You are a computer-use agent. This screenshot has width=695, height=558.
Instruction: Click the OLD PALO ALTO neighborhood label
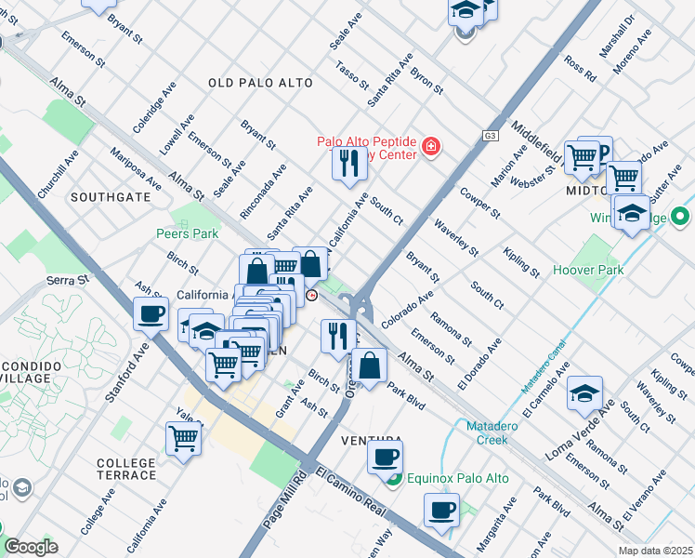[x=260, y=84]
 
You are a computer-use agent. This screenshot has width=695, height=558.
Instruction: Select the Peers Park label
[x=187, y=233]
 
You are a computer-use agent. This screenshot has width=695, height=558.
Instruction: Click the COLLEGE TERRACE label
[x=126, y=469]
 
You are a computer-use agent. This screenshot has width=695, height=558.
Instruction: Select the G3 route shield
[x=490, y=136]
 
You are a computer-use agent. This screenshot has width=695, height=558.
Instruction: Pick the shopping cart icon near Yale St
[x=184, y=437]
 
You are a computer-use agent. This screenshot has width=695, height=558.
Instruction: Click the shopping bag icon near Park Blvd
[x=370, y=365]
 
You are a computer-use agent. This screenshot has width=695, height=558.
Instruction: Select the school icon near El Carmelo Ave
[x=584, y=392]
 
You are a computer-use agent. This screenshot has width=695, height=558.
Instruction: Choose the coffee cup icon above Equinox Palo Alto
[x=385, y=456]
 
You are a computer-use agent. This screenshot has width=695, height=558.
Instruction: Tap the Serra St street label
[x=68, y=279]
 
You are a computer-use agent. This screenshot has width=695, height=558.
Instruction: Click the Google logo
[x=31, y=547]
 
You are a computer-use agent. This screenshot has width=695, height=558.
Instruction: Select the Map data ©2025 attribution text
[x=654, y=551]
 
